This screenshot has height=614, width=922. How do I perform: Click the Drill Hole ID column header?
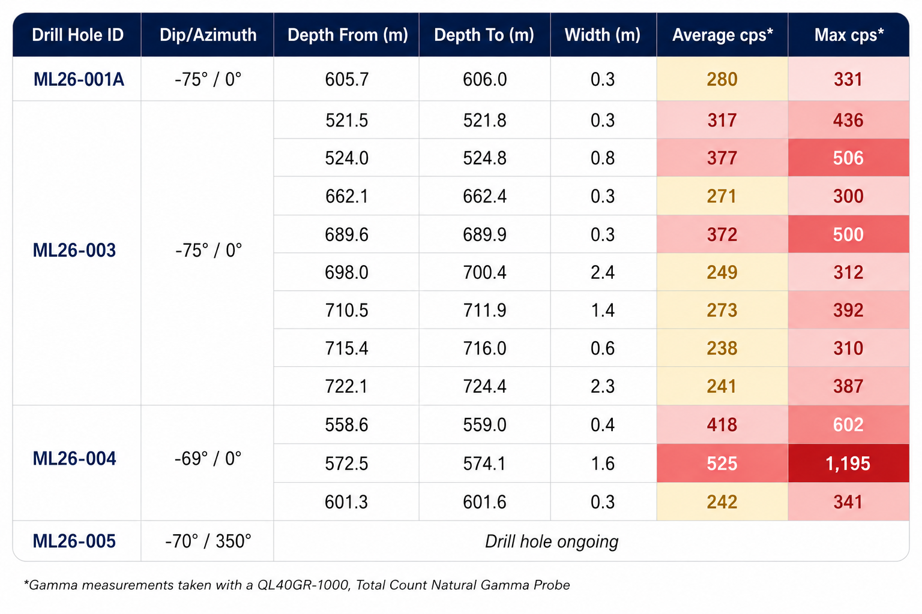78,35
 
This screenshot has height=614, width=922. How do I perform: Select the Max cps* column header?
849,35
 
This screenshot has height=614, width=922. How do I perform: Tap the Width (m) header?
603,35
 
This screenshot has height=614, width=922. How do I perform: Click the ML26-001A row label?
79,79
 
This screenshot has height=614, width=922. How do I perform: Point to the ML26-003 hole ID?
74,251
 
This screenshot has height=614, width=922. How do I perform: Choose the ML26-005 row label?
74,541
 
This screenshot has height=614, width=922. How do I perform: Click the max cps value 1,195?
848,463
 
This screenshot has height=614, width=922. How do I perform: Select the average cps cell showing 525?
722,463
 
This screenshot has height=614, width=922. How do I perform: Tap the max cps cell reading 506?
848,158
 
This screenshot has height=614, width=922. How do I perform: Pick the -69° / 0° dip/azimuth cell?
208,459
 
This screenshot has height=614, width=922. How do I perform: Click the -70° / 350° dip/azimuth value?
208,541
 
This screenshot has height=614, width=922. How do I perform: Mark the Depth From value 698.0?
346,272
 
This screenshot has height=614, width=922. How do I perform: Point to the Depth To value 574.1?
484,463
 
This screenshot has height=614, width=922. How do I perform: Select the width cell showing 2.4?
603,272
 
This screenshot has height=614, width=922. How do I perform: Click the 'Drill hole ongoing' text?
552,541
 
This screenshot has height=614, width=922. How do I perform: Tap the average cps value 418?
722,425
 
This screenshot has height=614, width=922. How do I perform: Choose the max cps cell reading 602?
848,425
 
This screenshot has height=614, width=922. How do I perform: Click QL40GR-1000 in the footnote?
303,585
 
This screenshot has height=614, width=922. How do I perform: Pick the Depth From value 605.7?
346,79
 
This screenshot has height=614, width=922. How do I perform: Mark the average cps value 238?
722,348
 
